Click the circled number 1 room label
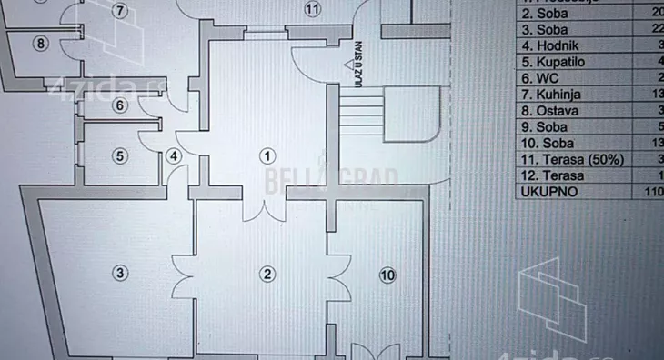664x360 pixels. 268,155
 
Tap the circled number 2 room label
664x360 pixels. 267,274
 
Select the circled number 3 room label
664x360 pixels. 119,271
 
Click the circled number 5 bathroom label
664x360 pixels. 119,155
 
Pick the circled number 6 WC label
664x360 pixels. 119,105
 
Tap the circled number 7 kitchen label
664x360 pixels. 119,11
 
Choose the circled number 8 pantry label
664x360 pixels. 39,42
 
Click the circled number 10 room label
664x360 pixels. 388,275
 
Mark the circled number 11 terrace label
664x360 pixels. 313,10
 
